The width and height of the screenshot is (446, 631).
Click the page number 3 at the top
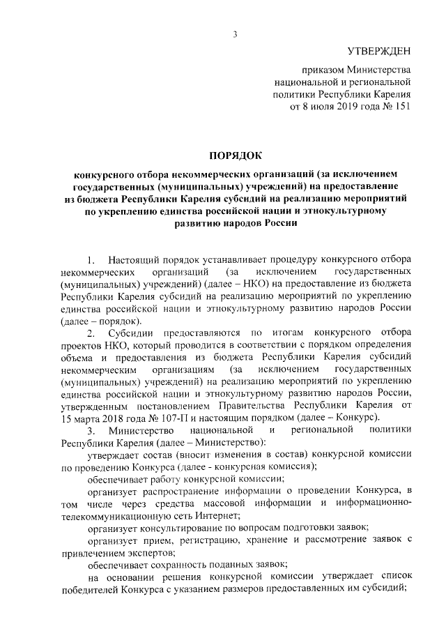click(x=236, y=34)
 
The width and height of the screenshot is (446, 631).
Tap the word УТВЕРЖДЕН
click(x=379, y=52)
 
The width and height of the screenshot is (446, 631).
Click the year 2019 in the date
click(x=340, y=107)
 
